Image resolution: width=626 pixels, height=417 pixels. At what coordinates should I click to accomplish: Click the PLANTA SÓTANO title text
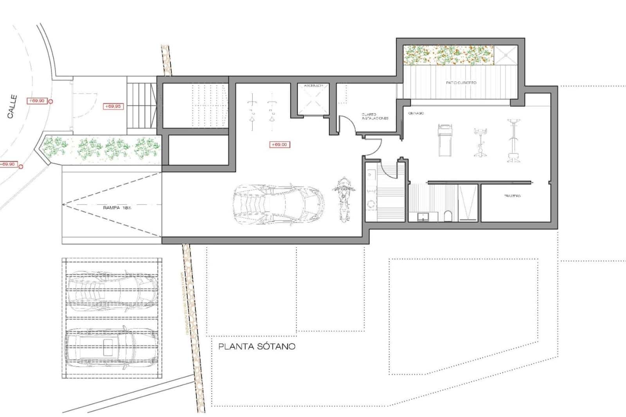257,347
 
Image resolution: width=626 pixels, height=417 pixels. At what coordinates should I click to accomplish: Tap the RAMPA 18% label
117,208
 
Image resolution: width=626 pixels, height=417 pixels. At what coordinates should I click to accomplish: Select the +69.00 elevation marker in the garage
279,145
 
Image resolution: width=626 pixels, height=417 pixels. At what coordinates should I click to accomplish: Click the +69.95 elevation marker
113,106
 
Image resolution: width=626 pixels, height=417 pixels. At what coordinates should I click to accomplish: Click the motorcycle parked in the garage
344,200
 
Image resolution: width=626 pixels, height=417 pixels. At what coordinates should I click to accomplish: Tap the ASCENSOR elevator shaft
313,101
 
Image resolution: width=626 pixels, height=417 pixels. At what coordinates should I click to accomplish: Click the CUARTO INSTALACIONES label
375,116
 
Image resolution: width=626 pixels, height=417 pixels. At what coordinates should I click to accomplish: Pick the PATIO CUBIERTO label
461,83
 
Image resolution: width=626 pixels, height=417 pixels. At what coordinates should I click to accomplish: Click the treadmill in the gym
445,140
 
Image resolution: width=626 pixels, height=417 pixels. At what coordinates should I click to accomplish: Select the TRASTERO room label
513,196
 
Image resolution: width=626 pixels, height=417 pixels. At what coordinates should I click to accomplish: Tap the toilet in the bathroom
449,216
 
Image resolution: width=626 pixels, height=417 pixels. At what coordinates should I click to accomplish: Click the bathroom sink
423,216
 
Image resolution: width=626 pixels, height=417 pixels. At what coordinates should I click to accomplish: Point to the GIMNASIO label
416,113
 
